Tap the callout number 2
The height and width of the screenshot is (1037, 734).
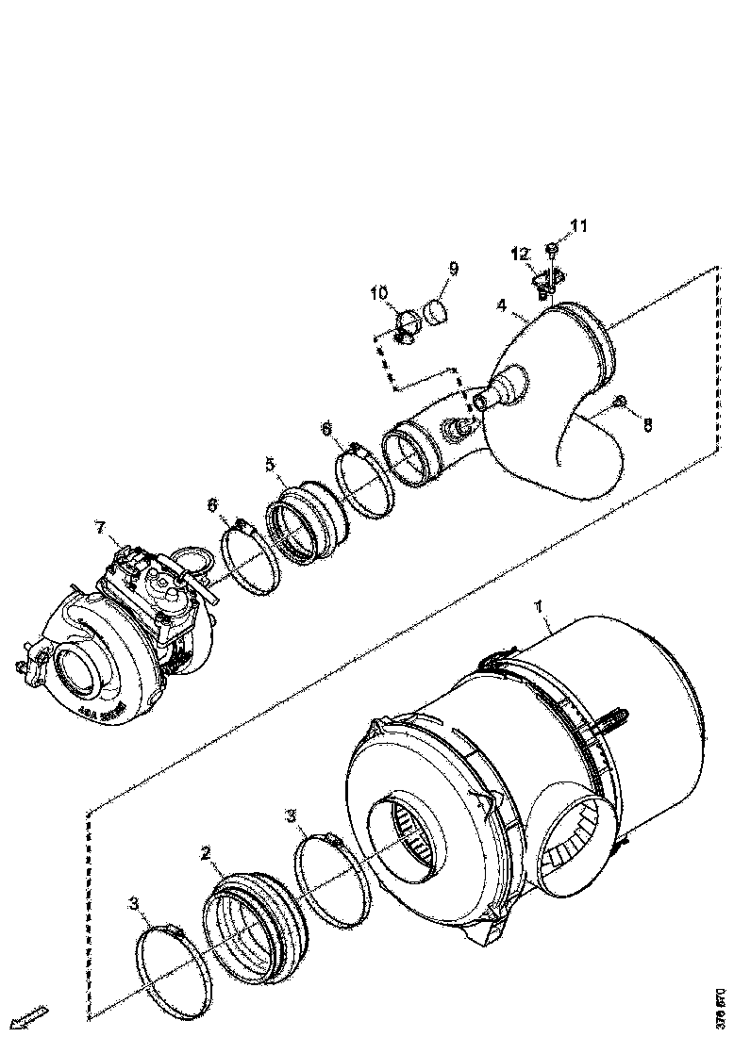(x=205, y=854)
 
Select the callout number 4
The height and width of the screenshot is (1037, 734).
(x=503, y=306)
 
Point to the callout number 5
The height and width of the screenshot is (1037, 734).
(x=270, y=464)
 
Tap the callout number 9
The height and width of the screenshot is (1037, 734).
(x=453, y=269)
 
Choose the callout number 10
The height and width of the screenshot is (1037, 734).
(x=379, y=294)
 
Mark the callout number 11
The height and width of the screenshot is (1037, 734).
(x=577, y=225)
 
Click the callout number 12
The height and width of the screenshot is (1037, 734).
(x=518, y=254)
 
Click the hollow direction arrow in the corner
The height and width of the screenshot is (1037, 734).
(x=28, y=1017)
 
